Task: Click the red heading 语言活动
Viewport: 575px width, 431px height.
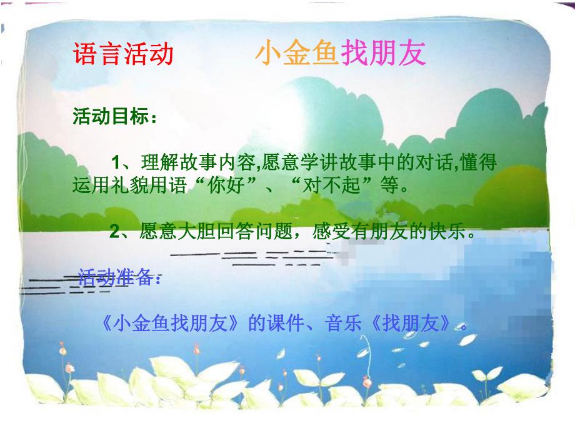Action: (124, 55)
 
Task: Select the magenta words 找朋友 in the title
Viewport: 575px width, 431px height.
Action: (383, 55)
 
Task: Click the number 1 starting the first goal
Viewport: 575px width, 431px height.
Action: (115, 164)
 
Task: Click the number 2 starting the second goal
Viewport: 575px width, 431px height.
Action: (115, 232)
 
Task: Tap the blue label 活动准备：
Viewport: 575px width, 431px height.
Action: (119, 279)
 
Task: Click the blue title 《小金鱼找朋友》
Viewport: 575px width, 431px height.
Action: (171, 325)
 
